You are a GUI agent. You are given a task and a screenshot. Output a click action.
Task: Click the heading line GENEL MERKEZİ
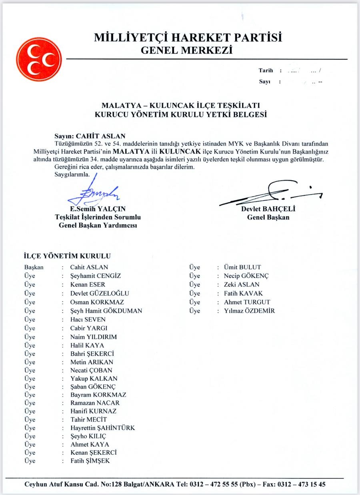point(187,51)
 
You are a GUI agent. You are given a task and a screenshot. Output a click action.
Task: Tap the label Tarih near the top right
point(266,71)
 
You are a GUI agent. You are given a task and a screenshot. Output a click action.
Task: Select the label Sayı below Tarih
point(264,82)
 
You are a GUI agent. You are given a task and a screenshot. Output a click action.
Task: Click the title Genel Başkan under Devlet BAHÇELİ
point(268,218)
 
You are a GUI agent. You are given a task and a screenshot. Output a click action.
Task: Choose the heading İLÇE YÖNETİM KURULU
point(68,256)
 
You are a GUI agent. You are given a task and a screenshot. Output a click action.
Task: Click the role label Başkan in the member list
point(34,267)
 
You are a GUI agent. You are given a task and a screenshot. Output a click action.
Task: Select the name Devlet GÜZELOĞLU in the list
point(100,293)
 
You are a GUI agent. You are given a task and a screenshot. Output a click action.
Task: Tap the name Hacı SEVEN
point(88,319)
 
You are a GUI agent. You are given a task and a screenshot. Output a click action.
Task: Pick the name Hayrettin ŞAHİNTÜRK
point(102,428)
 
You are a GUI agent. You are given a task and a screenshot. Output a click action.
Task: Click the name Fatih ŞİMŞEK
point(90,461)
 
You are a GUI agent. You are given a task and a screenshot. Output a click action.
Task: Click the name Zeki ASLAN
point(242,285)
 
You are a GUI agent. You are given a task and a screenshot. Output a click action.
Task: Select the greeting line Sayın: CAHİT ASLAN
point(90,136)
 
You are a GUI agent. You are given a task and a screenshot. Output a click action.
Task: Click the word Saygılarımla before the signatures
point(72,174)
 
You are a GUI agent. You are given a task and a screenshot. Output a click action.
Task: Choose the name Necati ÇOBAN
point(91,370)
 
